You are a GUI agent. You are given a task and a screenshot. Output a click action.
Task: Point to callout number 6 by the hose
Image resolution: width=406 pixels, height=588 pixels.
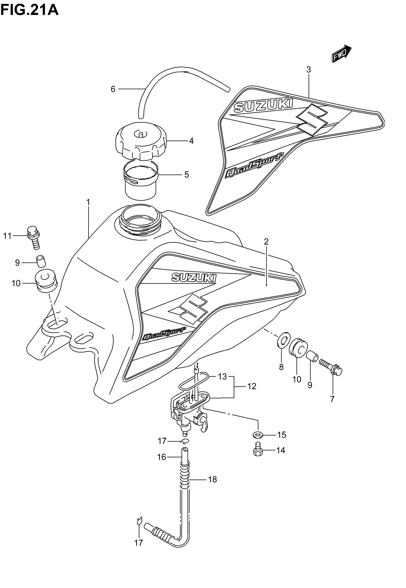(x=113, y=89)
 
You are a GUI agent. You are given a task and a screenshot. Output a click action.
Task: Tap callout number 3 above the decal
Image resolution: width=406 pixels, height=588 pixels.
(x=309, y=69)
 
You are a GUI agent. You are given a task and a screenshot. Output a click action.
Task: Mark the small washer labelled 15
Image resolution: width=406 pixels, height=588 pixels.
(x=258, y=435)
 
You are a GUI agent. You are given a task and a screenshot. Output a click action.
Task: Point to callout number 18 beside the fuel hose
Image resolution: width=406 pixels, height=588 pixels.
(x=212, y=479)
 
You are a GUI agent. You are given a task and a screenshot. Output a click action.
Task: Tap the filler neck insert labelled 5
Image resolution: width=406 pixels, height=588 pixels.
(x=140, y=179)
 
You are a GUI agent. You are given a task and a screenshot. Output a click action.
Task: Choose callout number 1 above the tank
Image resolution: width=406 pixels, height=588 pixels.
(x=88, y=203)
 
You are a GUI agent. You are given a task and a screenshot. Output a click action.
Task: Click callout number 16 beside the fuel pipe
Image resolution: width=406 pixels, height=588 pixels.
(x=161, y=457)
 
